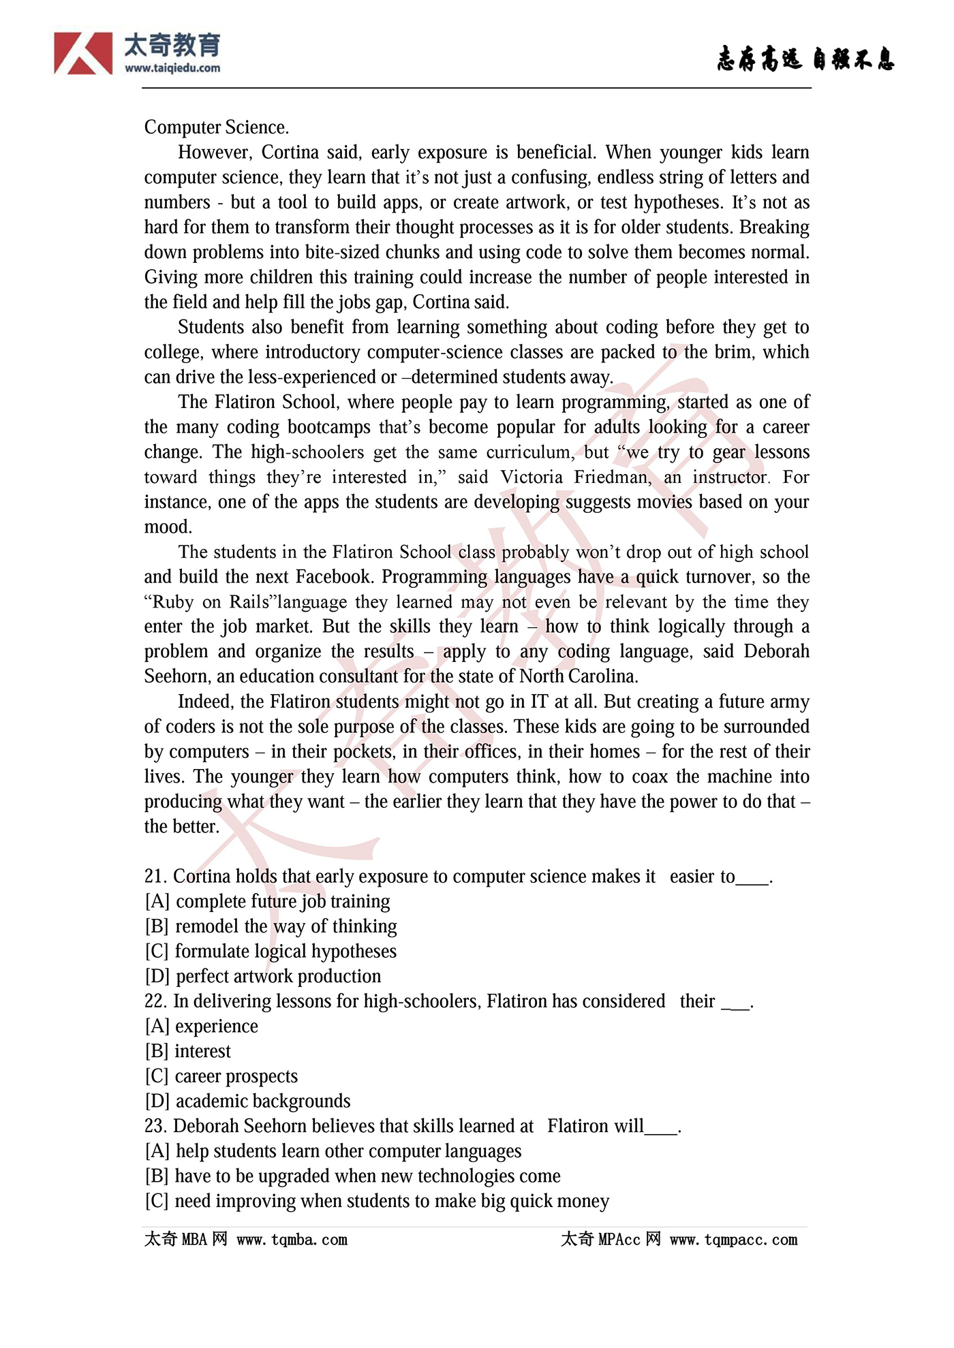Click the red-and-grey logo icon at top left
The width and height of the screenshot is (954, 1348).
click(x=83, y=53)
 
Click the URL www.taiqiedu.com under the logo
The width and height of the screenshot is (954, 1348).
click(x=172, y=68)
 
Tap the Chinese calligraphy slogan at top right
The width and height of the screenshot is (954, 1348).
click(x=805, y=59)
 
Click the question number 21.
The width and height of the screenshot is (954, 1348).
click(x=155, y=877)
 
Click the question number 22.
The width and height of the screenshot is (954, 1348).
click(x=155, y=1001)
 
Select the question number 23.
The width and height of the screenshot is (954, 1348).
click(x=155, y=1127)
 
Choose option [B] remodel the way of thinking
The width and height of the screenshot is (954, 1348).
click(x=271, y=926)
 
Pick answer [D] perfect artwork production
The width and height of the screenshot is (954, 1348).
click(x=263, y=976)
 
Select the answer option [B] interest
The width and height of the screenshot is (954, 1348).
click(x=188, y=1051)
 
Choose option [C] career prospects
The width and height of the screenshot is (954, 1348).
click(x=221, y=1076)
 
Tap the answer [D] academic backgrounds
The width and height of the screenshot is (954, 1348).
click(x=247, y=1101)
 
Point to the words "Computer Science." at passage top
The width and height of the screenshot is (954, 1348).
click(x=217, y=127)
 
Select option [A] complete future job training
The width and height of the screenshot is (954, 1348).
click(x=267, y=902)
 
